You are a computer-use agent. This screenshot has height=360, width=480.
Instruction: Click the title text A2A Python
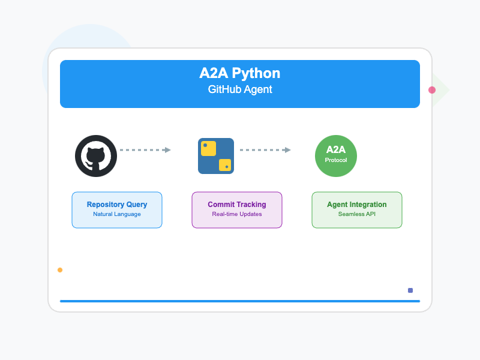pos(239,74)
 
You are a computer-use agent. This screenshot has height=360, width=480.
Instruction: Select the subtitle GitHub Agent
pos(239,90)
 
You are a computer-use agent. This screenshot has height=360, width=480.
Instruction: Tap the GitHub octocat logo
pos(96,156)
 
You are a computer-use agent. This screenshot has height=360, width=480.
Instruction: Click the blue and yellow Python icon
pos(216,156)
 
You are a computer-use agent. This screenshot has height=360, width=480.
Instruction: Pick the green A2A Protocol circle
pos(336,156)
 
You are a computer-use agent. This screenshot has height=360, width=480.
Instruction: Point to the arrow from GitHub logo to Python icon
pos(145,150)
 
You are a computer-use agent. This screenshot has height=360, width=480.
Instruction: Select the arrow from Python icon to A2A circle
pos(265,150)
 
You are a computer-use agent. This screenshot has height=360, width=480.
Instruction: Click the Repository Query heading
pos(117,205)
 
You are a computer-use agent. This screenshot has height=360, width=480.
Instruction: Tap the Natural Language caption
pos(117,214)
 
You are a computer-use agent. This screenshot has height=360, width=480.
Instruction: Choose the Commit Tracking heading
pos(237,205)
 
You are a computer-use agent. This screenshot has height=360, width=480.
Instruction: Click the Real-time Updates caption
pos(237,214)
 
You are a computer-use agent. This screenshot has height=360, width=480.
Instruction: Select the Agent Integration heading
pos(357,205)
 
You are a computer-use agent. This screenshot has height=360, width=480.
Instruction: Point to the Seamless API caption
pos(357,214)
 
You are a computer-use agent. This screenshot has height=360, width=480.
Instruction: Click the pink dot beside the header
pos(432,90)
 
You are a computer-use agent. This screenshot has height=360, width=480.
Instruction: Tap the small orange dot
pos(60,270)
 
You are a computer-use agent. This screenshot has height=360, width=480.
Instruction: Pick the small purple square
pos(410,290)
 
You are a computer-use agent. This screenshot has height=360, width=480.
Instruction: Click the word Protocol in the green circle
pos(336,160)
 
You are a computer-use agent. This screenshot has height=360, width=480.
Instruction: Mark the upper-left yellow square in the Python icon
pos(208,148)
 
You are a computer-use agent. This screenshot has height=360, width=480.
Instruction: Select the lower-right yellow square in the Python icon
pos(225,165)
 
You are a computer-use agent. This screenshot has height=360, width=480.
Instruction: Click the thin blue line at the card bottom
pos(240,301)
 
